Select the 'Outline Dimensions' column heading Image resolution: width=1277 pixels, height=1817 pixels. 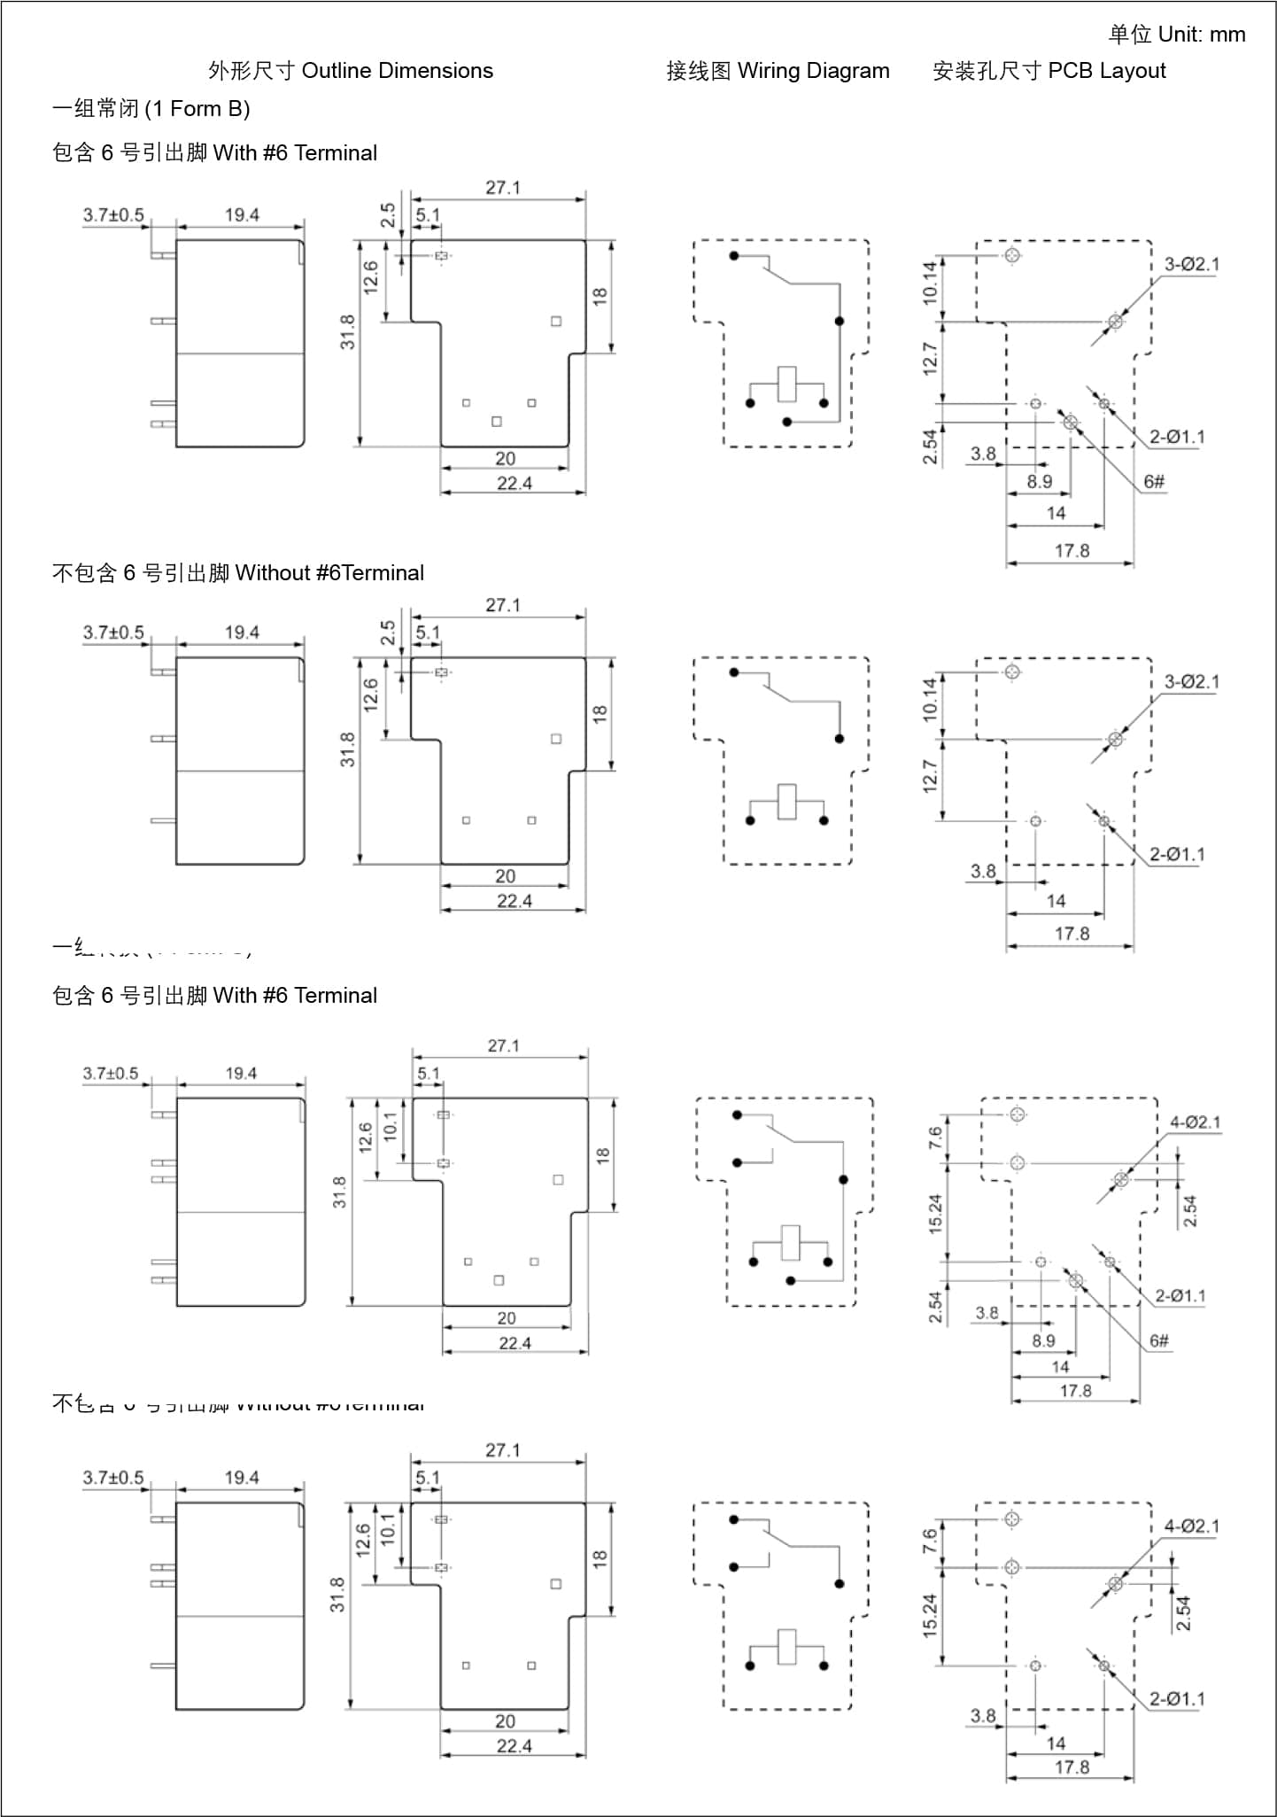397,71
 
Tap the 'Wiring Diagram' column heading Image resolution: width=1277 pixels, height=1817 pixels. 813,71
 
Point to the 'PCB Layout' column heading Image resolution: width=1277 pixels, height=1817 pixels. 1106,71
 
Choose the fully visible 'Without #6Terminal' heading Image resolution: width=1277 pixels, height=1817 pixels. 329,573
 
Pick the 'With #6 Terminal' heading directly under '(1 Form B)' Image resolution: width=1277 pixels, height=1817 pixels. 295,153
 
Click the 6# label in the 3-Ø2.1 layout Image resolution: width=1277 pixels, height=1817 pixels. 1154,482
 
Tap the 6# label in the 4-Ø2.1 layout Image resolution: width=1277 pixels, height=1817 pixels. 1159,1340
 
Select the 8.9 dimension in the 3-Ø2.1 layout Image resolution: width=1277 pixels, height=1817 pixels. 1040,481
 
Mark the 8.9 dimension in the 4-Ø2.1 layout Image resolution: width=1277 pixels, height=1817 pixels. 1043,1340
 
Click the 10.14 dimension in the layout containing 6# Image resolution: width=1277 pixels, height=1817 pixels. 930,283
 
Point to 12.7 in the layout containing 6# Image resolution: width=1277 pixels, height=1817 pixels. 930,359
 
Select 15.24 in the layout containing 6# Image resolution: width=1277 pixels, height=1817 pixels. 935,1214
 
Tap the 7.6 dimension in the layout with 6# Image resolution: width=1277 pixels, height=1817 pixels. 935,1138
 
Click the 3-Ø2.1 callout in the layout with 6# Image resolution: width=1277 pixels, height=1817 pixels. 1191,264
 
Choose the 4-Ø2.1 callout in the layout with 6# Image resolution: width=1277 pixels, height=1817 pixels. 1195,1122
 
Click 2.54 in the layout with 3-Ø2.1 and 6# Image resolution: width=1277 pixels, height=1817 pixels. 930,446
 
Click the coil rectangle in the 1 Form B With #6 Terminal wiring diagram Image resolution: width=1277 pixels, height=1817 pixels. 786,384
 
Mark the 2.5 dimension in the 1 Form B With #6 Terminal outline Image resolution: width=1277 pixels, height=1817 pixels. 388,215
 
